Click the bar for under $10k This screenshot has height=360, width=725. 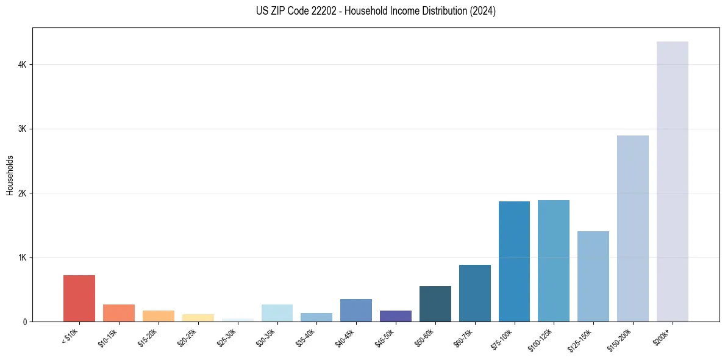tap(79, 298)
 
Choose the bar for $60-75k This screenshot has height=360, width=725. tap(475, 293)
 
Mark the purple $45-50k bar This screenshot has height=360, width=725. tap(396, 316)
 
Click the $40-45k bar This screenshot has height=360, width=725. tap(356, 310)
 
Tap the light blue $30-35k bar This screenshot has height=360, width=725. tap(277, 313)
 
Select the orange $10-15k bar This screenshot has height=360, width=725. tap(119, 313)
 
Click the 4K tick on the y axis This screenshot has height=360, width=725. tap(22, 65)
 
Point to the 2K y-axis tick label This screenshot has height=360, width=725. tap(22, 193)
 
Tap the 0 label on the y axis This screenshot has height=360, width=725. tap(25, 322)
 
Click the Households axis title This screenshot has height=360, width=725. tap(10, 175)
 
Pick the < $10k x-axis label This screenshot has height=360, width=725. tap(70, 337)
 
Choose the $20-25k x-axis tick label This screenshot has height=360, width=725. tap(188, 338)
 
